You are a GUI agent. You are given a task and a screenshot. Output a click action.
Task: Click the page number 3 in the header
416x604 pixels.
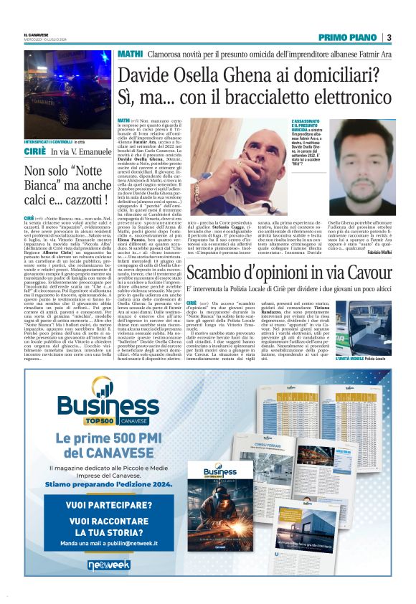[388, 37]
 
